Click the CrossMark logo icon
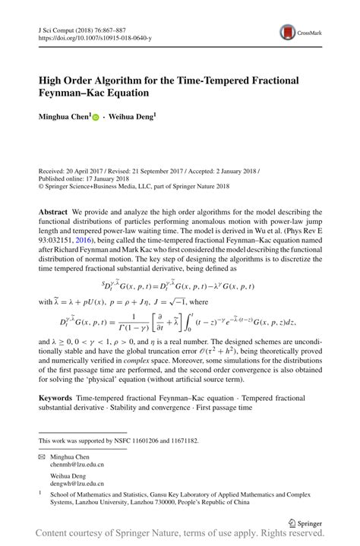click(x=289, y=32)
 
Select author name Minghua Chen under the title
click(x=65, y=118)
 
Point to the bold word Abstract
click(x=53, y=210)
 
